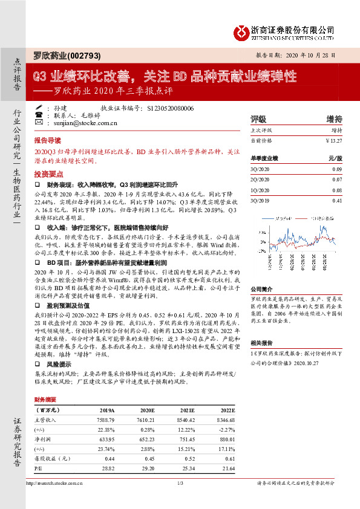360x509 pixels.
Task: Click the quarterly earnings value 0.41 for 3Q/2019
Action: click(x=337, y=200)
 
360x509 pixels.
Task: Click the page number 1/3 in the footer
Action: click(x=180, y=482)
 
